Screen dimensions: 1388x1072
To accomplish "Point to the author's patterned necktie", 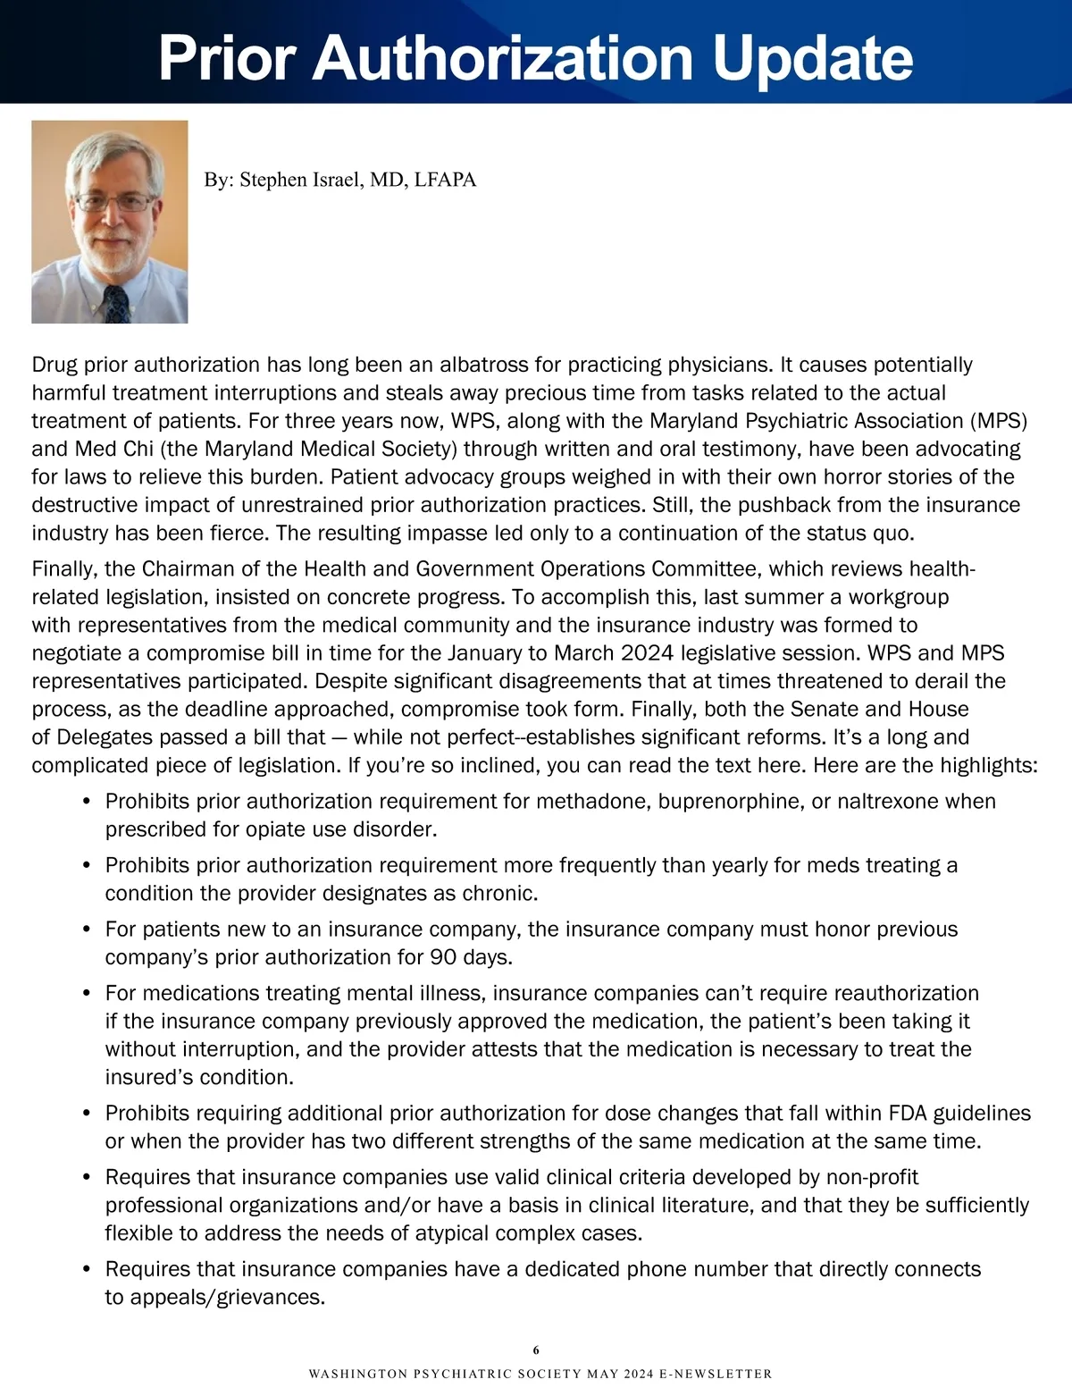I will point(117,303).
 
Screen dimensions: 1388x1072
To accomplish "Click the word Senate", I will point(823,710).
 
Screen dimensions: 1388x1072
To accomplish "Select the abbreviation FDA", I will point(909,1114).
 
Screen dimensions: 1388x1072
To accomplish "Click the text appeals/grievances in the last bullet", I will point(227,1297).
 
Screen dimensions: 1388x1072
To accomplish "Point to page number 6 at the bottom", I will point(536,1350).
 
